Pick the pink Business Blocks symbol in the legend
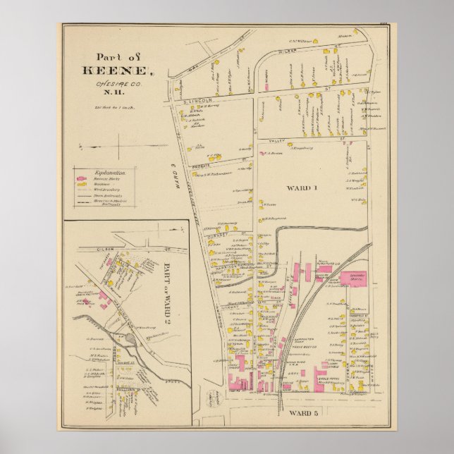click(82, 179)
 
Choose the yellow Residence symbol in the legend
click(82, 185)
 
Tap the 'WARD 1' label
click(302, 188)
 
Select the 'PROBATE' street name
click(202, 166)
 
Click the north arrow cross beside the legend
click(116, 146)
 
